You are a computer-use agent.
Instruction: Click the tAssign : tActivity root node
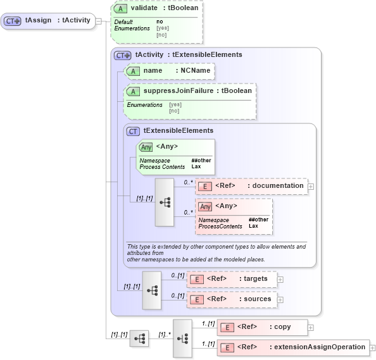(x=47, y=20)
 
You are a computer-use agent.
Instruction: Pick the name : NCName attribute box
(x=168, y=71)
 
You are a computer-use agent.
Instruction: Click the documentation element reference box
(x=251, y=186)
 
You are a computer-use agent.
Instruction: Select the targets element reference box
(x=232, y=278)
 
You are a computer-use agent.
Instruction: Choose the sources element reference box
(x=232, y=299)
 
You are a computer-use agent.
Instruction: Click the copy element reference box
(x=262, y=327)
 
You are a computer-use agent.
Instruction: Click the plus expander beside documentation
(x=311, y=187)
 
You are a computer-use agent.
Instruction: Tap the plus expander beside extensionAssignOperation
(x=373, y=347)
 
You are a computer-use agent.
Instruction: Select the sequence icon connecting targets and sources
(x=152, y=290)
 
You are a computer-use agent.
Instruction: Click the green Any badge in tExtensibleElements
(x=146, y=147)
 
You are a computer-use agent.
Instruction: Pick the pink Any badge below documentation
(x=205, y=206)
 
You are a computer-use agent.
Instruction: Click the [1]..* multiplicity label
(x=163, y=334)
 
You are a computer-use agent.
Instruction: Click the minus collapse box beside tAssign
(x=99, y=20)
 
